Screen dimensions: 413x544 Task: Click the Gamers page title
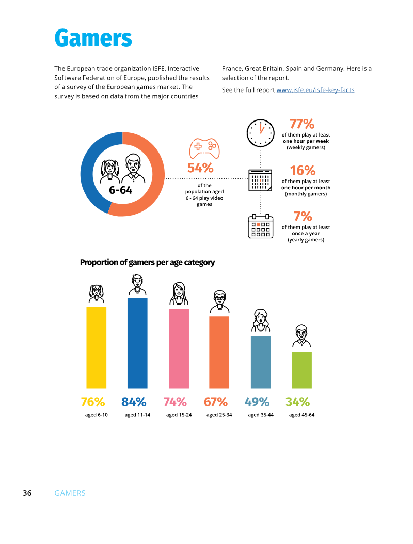tap(93, 38)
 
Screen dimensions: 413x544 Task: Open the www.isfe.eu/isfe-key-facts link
tap(315, 90)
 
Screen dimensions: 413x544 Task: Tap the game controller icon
tap(204, 148)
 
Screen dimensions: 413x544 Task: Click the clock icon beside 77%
tap(261, 133)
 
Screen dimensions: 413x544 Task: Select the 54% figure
tap(200, 168)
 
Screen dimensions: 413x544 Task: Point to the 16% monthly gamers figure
tap(303, 170)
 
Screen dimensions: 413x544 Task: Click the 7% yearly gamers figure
tap(303, 216)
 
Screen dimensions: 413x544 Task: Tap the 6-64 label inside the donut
tap(121, 190)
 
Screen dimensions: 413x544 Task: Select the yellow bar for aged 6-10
tap(97, 347)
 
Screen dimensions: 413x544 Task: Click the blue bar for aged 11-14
tap(137, 343)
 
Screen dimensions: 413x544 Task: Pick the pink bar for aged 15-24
tap(179, 349)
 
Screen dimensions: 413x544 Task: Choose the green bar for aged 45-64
tap(302, 370)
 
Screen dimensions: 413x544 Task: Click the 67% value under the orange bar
tap(216, 402)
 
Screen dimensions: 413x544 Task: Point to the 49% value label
tap(257, 402)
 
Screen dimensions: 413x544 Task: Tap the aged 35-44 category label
tap(261, 415)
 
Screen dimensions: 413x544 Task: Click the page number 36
tap(27, 493)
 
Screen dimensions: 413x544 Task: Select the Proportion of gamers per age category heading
tap(147, 262)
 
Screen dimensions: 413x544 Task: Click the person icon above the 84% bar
tap(137, 285)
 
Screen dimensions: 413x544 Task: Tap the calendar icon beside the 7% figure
tap(261, 226)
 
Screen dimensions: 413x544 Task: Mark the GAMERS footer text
tap(70, 493)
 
